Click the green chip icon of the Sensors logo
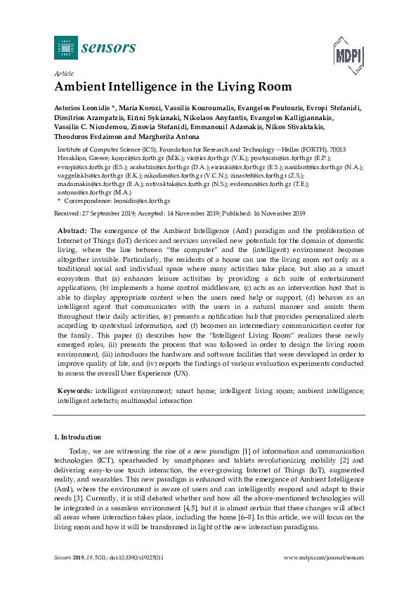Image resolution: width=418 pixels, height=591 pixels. coord(66,48)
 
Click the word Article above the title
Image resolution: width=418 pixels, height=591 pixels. coord(63,72)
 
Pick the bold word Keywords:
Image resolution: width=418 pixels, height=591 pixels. coord(74,390)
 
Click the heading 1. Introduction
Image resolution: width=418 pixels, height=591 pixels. coord(79,437)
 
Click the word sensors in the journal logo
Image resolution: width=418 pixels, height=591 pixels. coord(109,48)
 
